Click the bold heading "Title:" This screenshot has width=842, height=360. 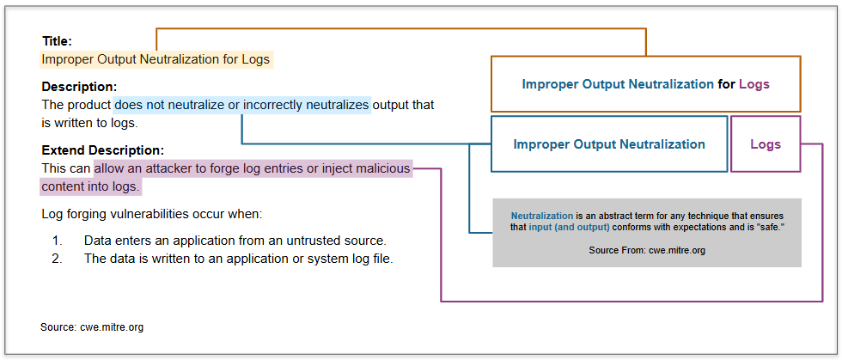click(x=57, y=41)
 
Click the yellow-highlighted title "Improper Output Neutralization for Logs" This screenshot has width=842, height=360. click(x=156, y=59)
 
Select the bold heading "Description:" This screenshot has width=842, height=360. click(x=79, y=87)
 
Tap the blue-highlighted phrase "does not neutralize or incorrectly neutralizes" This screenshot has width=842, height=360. click(x=242, y=104)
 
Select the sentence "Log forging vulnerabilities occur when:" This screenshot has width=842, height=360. click(x=152, y=215)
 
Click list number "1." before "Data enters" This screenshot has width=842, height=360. click(x=58, y=241)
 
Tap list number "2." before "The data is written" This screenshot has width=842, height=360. click(x=58, y=259)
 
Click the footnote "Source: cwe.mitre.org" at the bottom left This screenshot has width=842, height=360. click(x=92, y=326)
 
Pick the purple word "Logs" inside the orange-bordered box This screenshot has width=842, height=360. click(x=754, y=84)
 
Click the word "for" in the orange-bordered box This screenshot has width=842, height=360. click(x=727, y=84)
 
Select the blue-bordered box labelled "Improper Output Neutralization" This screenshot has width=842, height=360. click(x=609, y=144)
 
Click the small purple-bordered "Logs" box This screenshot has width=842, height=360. click(x=766, y=144)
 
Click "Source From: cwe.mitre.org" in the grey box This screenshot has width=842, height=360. click(x=647, y=250)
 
